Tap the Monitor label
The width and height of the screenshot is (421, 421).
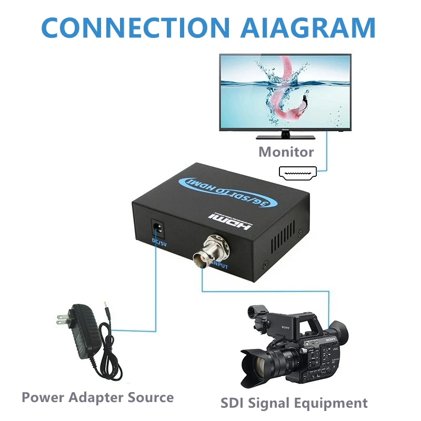tap(286, 152)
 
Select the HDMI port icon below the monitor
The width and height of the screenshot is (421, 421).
tap(297, 173)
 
